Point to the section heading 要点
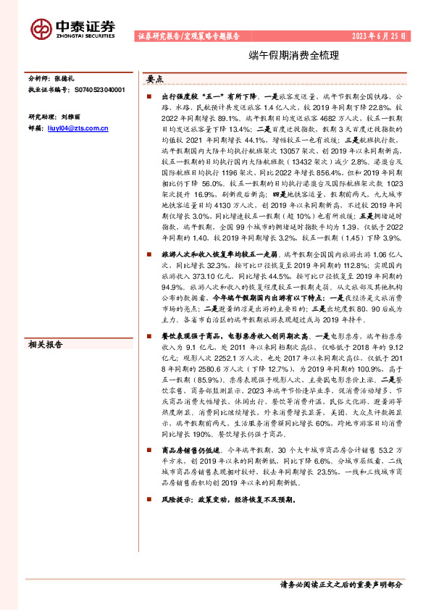pyautogui.click(x=155, y=80)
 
